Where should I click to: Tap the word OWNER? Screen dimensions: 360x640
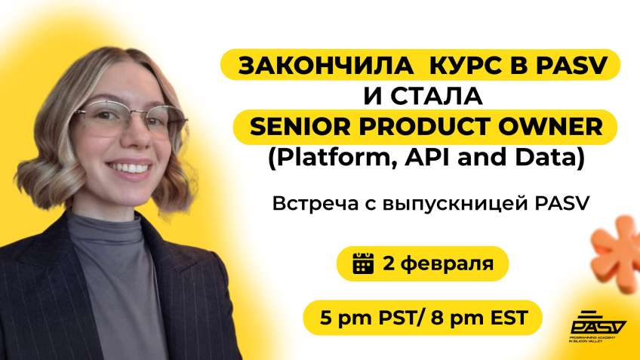coord(552,127)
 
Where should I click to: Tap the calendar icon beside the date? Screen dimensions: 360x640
coord(364,264)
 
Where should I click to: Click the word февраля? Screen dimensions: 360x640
coord(447,264)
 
